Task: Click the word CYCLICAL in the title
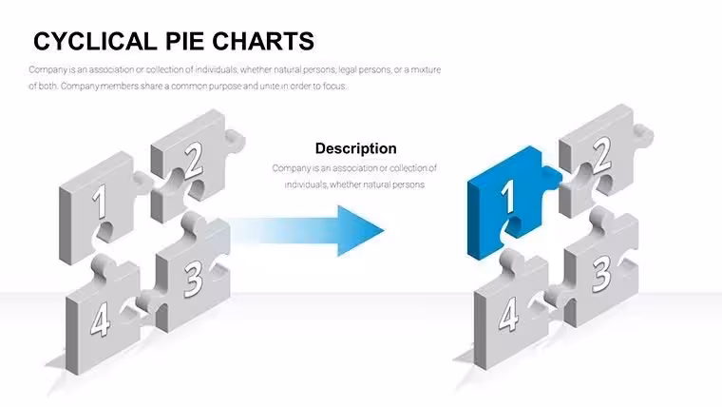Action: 95,41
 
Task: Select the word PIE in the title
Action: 185,41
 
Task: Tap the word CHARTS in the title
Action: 263,41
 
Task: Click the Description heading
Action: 356,148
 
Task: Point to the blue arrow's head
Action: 360,231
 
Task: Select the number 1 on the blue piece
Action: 508,196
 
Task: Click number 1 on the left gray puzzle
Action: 99,202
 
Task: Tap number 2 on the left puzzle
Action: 194,160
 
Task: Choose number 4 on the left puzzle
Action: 100,320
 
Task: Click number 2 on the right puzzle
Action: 601,155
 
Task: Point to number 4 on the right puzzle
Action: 508,315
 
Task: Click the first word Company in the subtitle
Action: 47,70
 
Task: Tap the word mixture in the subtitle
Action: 426,69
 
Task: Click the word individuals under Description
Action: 305,184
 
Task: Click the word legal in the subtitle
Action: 348,70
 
